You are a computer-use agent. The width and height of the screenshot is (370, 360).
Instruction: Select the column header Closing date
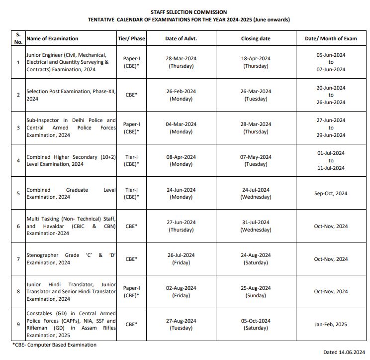point(256,38)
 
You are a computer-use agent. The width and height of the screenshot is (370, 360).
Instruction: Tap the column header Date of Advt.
point(181,38)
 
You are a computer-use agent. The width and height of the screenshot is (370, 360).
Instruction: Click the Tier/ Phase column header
point(131,38)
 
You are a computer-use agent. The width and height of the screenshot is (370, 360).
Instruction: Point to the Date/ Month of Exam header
point(331,38)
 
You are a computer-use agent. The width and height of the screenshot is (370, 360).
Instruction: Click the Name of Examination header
point(52,38)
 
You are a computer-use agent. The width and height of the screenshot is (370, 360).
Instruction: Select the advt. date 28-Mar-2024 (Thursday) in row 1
point(181,62)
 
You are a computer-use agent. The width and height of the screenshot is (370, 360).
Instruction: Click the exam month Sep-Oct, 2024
point(331,193)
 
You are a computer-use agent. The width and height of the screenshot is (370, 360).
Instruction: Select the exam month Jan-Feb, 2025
point(331,324)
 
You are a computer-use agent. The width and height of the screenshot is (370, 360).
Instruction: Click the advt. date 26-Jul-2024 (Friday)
point(181,259)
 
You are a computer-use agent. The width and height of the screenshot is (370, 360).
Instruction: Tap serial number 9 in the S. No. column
point(18,324)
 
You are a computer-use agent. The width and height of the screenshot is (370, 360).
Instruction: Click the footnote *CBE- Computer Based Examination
point(54,345)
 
